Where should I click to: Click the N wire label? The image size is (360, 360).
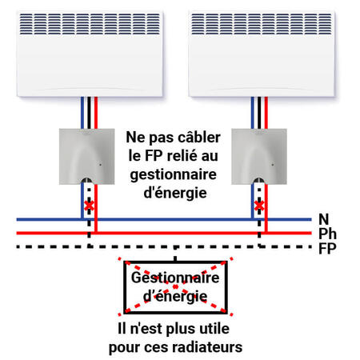[324, 219]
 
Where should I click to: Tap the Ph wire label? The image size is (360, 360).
[327, 234]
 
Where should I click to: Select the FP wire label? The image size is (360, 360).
[327, 249]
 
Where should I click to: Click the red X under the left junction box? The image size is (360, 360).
[89, 206]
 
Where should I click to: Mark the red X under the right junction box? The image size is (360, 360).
[259, 206]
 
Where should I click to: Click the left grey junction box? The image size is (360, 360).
[87, 157]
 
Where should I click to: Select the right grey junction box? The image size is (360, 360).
[259, 157]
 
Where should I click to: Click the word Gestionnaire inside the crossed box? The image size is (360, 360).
[175, 278]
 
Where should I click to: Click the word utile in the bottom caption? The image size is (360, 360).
[214, 329]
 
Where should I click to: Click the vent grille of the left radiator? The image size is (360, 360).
[90, 24]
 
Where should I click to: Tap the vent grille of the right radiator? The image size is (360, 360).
[262, 24]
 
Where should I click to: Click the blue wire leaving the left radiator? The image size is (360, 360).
[82, 113]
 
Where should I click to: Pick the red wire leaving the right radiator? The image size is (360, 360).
[266, 113]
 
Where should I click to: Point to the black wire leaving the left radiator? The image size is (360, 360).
[89, 113]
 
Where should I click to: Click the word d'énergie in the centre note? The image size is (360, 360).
[175, 193]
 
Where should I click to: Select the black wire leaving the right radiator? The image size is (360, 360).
[259, 113]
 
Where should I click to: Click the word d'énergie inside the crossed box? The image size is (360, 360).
[175, 297]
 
